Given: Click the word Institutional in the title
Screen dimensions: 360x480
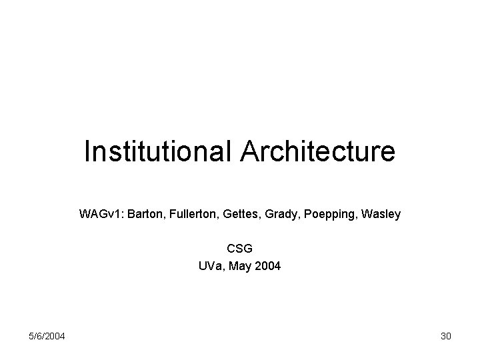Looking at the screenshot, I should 158,151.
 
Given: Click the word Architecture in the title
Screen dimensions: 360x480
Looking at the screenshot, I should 317,151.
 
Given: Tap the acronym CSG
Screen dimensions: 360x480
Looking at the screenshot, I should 240,249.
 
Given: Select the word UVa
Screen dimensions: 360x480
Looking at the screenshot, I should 211,266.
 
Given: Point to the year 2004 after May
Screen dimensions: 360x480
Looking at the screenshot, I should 269,266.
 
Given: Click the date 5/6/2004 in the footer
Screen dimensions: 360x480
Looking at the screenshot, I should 47,336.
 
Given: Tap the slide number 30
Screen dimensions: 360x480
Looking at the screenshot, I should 446,336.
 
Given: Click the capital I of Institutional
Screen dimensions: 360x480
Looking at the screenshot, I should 87,151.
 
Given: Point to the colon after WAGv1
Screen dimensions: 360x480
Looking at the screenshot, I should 118,215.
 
